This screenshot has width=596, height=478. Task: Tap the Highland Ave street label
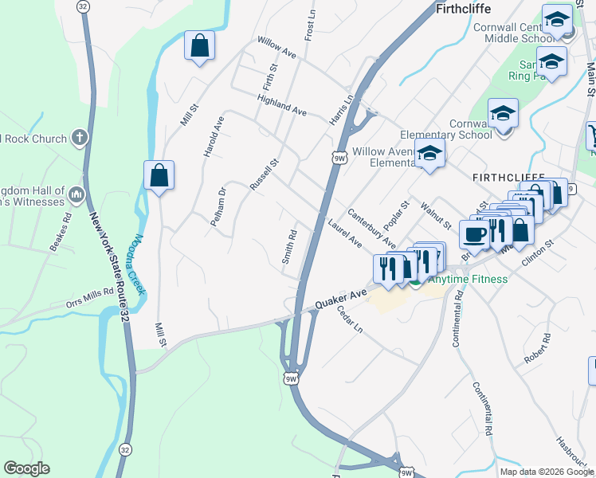[282, 104]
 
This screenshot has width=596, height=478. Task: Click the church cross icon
[78, 139]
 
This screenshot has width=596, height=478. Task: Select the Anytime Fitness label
[468, 279]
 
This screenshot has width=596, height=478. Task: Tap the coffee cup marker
[475, 234]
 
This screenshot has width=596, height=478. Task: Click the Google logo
[26, 468]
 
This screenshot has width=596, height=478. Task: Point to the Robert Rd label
[537, 349]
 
